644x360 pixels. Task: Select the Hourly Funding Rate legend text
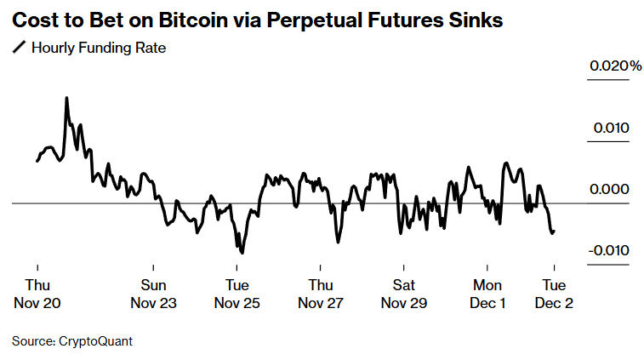(x=98, y=48)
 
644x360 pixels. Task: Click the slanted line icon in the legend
(x=19, y=48)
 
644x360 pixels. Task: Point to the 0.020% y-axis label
(x=614, y=66)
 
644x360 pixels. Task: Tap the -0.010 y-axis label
(x=609, y=250)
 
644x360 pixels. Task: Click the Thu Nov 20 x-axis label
(x=37, y=294)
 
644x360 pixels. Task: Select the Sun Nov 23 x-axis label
(x=153, y=294)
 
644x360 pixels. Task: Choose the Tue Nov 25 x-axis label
(x=237, y=294)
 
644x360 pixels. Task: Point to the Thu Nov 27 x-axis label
(x=321, y=294)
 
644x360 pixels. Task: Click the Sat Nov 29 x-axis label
(x=404, y=294)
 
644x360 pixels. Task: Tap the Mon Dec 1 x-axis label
(x=487, y=294)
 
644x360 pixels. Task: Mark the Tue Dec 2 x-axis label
(x=554, y=294)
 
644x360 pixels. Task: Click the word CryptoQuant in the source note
(x=95, y=341)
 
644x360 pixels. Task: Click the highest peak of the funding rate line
(x=66, y=98)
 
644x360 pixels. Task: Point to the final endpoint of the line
(x=554, y=231)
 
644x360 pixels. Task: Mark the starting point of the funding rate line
(x=37, y=160)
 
